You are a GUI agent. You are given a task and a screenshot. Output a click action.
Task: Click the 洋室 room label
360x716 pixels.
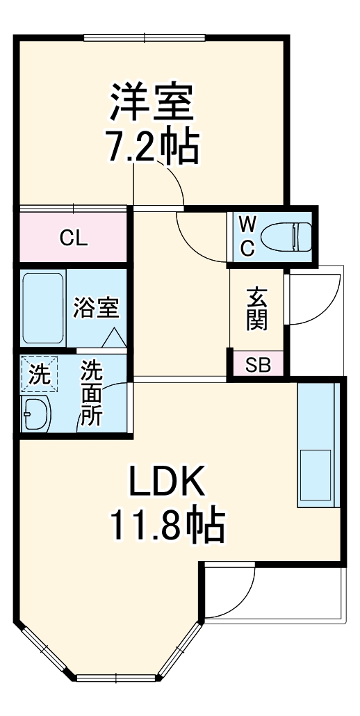click(150, 103)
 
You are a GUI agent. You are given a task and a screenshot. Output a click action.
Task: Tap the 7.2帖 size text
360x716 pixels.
click(152, 147)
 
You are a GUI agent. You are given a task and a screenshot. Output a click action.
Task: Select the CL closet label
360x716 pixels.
click(73, 238)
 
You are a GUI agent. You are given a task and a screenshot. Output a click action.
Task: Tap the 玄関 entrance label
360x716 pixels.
click(256, 309)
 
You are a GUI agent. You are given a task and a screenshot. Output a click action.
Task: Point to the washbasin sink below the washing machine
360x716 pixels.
click(35, 416)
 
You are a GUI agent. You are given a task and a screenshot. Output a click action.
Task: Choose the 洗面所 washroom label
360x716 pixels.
click(91, 393)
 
